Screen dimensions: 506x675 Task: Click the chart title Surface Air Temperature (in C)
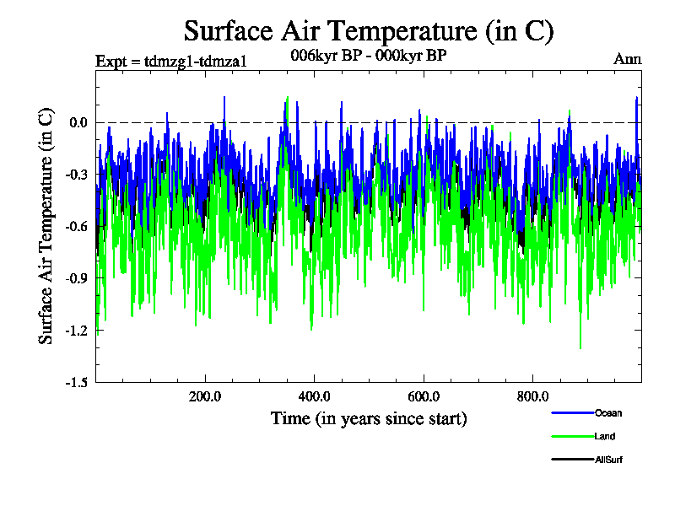pyautogui.click(x=369, y=31)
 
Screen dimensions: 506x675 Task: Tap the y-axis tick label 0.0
pyautogui.click(x=78, y=123)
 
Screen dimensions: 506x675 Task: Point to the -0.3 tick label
pyautogui.click(x=76, y=175)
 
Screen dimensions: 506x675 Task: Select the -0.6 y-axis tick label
pyautogui.click(x=76, y=227)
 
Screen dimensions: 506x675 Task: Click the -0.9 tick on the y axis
pyautogui.click(x=76, y=278)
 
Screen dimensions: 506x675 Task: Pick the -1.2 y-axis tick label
pyautogui.click(x=76, y=331)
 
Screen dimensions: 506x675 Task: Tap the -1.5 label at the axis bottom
pyautogui.click(x=76, y=382)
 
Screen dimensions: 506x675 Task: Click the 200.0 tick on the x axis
pyautogui.click(x=205, y=396)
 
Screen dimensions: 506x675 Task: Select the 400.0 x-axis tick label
pyautogui.click(x=314, y=396)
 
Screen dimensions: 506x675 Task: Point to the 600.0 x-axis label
pyautogui.click(x=424, y=396)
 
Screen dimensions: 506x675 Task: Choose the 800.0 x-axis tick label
pyautogui.click(x=532, y=396)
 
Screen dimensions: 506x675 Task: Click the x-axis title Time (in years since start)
pyautogui.click(x=369, y=418)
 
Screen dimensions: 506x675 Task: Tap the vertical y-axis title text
pyautogui.click(x=47, y=225)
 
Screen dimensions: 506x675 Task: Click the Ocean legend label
pyautogui.click(x=608, y=413)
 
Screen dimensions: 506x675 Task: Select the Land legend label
pyautogui.click(x=605, y=436)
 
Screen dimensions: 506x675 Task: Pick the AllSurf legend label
pyautogui.click(x=609, y=460)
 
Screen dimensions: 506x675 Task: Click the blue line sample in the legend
pyautogui.click(x=572, y=413)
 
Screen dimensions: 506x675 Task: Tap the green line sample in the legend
pyautogui.click(x=572, y=436)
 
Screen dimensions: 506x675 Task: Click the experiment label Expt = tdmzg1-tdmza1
pyautogui.click(x=171, y=60)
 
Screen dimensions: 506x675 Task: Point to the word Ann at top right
pyautogui.click(x=628, y=59)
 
